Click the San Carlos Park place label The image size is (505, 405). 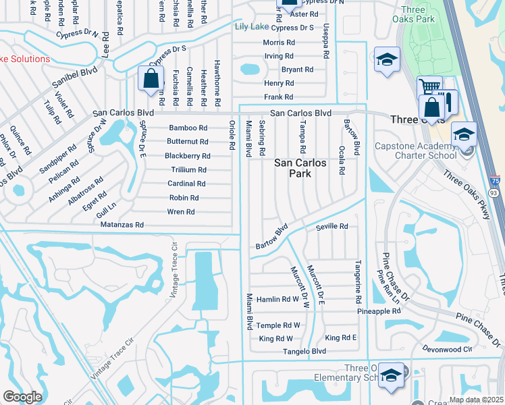click(300, 169)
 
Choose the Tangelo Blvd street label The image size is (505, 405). click(304, 352)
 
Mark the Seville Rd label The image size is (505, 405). click(331, 227)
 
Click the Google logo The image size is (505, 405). click(22, 396)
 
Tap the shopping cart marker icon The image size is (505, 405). click(429, 87)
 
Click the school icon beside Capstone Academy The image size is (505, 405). click(463, 134)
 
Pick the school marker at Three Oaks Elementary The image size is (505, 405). click(391, 375)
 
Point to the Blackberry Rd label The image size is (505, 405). click(188, 156)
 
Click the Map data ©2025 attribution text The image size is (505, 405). click(476, 400)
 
